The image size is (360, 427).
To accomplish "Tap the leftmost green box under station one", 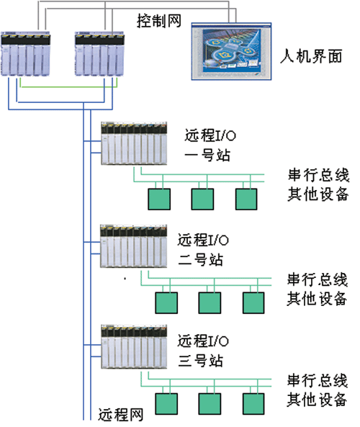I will click(x=158, y=199).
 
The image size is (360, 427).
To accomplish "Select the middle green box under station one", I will click(x=202, y=199).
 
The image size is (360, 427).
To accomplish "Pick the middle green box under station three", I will click(x=210, y=403).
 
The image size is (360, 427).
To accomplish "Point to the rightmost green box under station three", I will click(x=253, y=403).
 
